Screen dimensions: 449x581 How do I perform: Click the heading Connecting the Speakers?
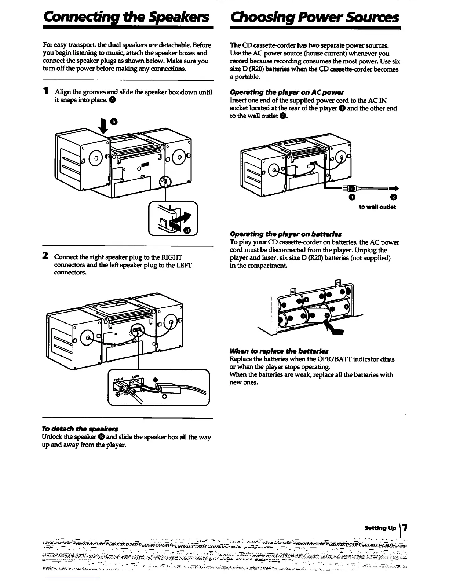(x=126, y=17)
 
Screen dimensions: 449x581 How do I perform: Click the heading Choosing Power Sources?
(x=314, y=17)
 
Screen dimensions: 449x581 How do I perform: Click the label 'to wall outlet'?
(x=377, y=207)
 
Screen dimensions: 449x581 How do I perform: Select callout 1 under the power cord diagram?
(x=352, y=198)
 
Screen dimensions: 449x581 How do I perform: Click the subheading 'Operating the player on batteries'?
(x=285, y=234)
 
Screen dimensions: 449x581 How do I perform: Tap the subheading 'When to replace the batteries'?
(x=279, y=351)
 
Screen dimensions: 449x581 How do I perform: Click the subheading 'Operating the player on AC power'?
(x=287, y=92)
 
